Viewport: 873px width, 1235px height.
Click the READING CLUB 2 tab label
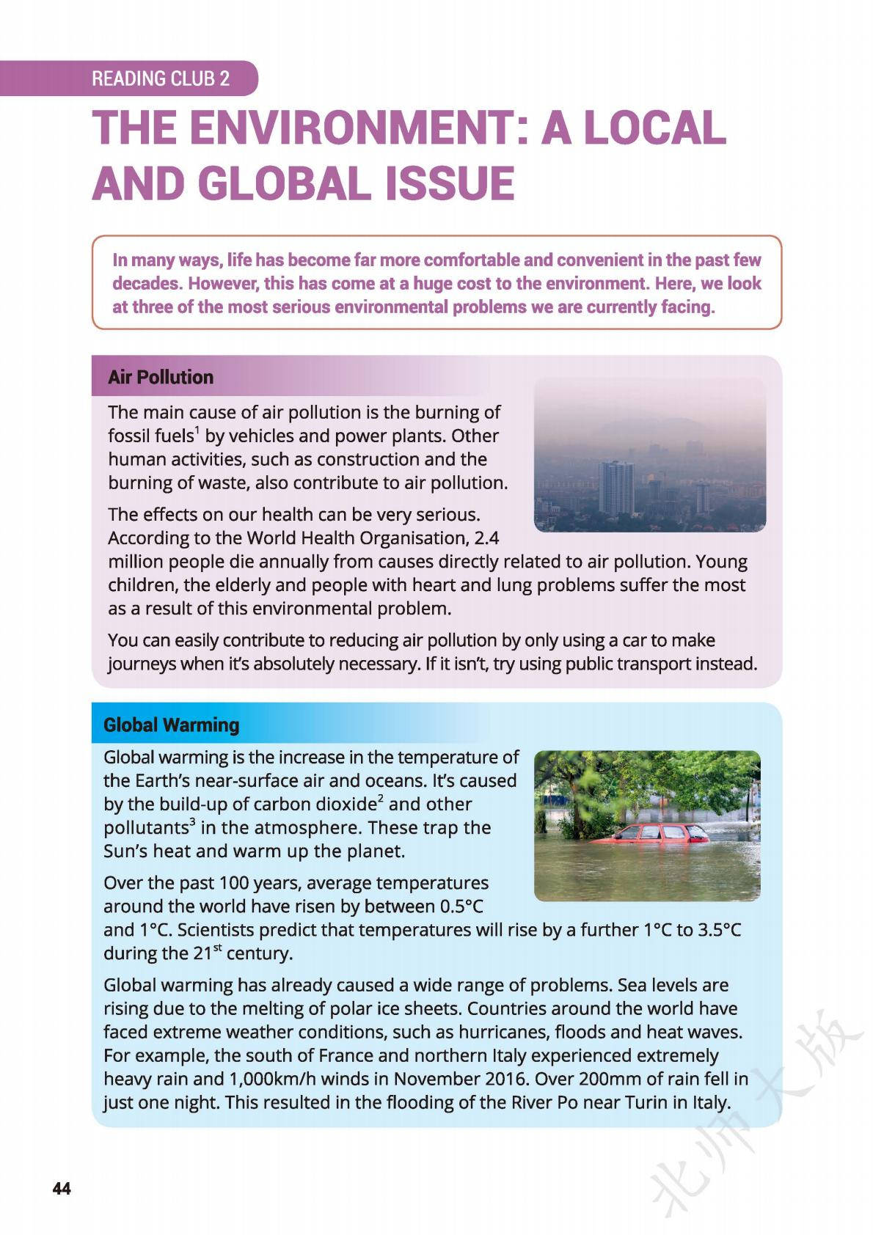coord(161,78)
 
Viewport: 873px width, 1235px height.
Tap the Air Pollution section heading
coord(161,377)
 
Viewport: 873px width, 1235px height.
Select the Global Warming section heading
coord(172,725)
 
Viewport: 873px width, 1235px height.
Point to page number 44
coord(62,1189)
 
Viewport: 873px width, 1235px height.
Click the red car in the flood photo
coord(649,834)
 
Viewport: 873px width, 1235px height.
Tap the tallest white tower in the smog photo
coord(616,487)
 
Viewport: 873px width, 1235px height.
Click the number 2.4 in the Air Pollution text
coord(486,538)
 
